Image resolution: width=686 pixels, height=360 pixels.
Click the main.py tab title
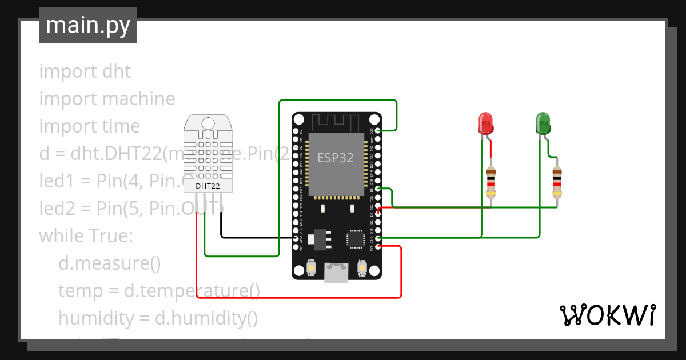[x=87, y=25]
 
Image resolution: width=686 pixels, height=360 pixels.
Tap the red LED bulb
[x=485, y=123]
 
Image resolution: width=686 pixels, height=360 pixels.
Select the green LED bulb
[x=543, y=123]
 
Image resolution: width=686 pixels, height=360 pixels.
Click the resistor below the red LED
[x=491, y=182]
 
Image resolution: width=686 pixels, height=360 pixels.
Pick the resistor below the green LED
[x=557, y=182]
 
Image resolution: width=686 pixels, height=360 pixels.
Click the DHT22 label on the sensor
[x=207, y=186]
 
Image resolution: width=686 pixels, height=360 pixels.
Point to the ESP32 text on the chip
[x=336, y=158]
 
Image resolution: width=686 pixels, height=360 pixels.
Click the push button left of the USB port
[x=312, y=267]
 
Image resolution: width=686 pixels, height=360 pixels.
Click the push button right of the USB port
[x=362, y=267]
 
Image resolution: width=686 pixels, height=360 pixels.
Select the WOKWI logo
[x=607, y=315]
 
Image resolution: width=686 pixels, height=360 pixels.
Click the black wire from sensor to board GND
[x=257, y=237]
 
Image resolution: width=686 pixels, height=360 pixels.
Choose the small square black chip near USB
[x=356, y=239]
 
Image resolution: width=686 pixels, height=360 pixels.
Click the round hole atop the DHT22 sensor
[x=208, y=123]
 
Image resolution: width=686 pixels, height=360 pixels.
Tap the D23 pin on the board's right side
[x=378, y=131]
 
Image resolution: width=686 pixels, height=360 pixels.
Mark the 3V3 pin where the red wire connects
[x=378, y=247]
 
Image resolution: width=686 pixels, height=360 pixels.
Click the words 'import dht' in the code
[x=85, y=71]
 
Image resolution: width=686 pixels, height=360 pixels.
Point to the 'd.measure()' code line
[x=109, y=263]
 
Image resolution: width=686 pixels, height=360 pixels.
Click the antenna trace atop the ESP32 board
[x=335, y=122]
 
